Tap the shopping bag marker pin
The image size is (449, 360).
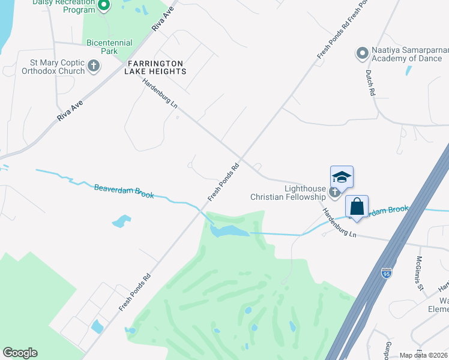[x=357, y=206]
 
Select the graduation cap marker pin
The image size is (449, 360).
[x=342, y=178]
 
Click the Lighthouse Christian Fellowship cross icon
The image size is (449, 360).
[x=334, y=193]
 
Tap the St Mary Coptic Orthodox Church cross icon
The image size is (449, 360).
[x=94, y=65]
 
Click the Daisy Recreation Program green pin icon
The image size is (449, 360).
[x=103, y=6]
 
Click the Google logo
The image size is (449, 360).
[x=20, y=353]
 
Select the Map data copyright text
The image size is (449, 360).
[x=424, y=355]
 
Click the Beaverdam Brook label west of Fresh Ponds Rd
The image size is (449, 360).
[x=124, y=191]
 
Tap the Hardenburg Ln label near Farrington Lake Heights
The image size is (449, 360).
[x=160, y=94]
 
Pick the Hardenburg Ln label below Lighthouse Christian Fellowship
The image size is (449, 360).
[x=339, y=222]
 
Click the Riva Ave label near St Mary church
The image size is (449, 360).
[x=70, y=111]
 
